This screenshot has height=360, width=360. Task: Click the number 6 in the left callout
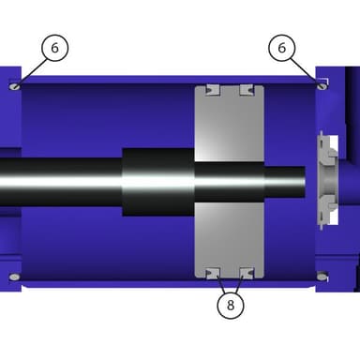click(54, 48)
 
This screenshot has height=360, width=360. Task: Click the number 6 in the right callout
click(282, 48)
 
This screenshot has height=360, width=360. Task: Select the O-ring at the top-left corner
click(14, 86)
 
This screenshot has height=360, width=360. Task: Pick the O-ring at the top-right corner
click(322, 85)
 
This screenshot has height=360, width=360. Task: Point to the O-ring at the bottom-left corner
click(14, 277)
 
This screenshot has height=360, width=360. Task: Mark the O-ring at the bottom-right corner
click(322, 277)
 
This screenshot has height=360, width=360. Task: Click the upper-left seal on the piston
click(213, 90)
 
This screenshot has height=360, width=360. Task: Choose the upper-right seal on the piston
click(247, 90)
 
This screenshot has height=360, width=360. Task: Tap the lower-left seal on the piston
click(213, 273)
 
